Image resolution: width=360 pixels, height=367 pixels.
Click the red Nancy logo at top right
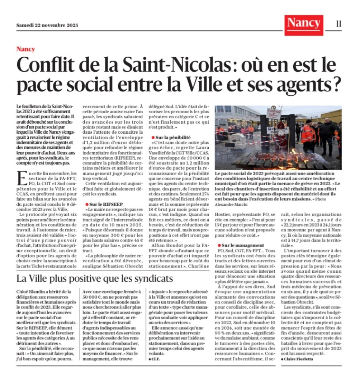(303, 24)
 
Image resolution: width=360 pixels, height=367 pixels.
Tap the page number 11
(338, 24)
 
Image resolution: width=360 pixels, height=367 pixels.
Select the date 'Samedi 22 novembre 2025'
(47, 25)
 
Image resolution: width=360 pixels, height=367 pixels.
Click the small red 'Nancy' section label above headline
(25, 49)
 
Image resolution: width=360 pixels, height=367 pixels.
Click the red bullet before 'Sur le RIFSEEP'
(87, 204)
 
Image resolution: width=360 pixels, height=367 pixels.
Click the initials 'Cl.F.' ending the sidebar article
(155, 358)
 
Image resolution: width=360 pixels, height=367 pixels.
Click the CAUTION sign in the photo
(274, 114)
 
